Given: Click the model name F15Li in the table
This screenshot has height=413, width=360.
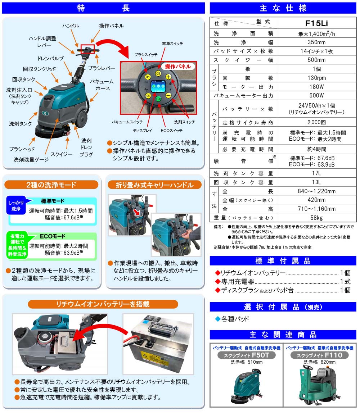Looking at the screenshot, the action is point(316,23).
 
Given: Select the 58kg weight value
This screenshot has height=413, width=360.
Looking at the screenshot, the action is point(316,218).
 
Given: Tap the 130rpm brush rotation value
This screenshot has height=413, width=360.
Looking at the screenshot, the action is point(316,78).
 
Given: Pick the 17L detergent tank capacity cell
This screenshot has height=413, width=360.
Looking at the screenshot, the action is point(316,173).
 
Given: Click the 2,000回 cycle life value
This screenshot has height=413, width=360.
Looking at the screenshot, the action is point(316,122).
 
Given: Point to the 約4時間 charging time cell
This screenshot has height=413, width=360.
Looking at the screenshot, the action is point(316,149).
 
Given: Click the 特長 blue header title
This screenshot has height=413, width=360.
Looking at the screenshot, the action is point(103,8).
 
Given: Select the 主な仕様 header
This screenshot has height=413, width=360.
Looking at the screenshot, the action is point(283,8).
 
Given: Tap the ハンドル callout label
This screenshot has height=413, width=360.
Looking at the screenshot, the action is point(71,26).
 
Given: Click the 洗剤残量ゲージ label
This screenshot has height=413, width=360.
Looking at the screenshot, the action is point(31,160).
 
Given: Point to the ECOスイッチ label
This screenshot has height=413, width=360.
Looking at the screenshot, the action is point(172,131).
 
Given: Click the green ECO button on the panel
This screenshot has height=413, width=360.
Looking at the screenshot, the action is point(158,99).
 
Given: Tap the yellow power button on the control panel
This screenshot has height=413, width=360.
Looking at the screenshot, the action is point(158,73).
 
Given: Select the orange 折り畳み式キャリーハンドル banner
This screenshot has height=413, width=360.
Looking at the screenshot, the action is point(155,185).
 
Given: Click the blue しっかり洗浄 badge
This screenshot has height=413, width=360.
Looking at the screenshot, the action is point(16,205).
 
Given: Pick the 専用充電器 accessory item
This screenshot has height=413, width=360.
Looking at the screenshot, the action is point(238,282).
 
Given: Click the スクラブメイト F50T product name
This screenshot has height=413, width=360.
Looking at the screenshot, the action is point(246,355).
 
